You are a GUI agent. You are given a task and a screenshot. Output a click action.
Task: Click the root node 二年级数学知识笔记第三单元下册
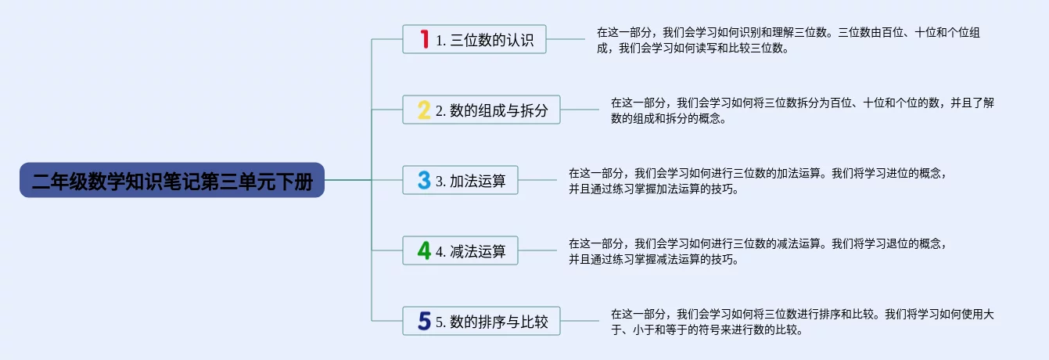click(x=172, y=180)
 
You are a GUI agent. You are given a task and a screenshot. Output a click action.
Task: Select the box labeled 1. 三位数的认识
click(x=474, y=39)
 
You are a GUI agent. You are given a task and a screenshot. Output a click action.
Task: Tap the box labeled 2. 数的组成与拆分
click(x=481, y=110)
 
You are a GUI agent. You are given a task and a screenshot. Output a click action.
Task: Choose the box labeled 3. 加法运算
click(x=460, y=180)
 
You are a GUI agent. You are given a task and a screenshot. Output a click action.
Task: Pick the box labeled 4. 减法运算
click(x=460, y=250)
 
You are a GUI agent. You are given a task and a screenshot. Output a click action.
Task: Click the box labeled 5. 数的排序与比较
click(x=481, y=321)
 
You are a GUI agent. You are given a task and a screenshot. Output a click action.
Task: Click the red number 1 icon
click(x=425, y=39)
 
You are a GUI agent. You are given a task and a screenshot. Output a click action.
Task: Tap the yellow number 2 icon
click(x=424, y=110)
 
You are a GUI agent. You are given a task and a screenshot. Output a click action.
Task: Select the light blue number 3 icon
click(x=424, y=180)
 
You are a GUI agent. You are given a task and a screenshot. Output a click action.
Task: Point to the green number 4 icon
click(x=424, y=250)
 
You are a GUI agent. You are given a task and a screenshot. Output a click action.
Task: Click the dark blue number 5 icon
click(x=424, y=321)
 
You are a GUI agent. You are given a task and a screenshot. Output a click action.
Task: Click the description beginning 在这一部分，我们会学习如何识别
click(x=789, y=41)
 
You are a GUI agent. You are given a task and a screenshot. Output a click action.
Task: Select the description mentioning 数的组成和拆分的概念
click(x=803, y=110)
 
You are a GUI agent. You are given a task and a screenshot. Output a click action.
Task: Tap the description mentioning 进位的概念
click(x=758, y=181)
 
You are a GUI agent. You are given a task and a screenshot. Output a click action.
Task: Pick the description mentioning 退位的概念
click(x=758, y=251)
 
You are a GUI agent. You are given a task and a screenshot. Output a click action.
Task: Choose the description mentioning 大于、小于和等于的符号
click(x=803, y=322)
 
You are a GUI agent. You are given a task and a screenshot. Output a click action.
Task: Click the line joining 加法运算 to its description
click(x=537, y=180)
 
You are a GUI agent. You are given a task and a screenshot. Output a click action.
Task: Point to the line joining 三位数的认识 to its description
click(x=566, y=39)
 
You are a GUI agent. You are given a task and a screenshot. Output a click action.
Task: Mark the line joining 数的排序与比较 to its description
click(x=580, y=321)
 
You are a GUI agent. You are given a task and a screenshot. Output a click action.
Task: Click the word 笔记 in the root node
click(x=181, y=181)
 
